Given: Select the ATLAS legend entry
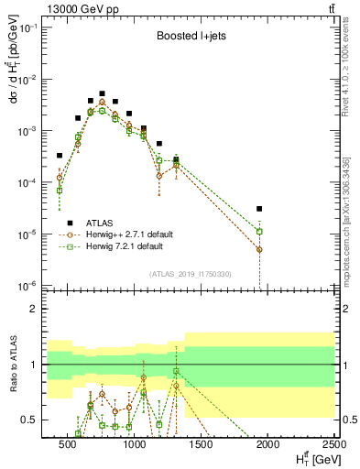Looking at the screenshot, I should (x=101, y=223).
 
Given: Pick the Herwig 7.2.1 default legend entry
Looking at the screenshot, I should (x=125, y=246).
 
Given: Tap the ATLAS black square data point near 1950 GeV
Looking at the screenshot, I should (x=260, y=209).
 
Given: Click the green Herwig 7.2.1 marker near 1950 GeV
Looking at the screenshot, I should (x=260, y=232).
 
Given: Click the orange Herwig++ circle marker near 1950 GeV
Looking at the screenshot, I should (x=260, y=249).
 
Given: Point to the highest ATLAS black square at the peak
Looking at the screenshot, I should (x=103, y=93).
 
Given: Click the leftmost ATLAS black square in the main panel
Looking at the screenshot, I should (x=60, y=156).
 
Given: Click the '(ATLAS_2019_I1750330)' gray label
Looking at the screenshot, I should (x=191, y=274).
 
